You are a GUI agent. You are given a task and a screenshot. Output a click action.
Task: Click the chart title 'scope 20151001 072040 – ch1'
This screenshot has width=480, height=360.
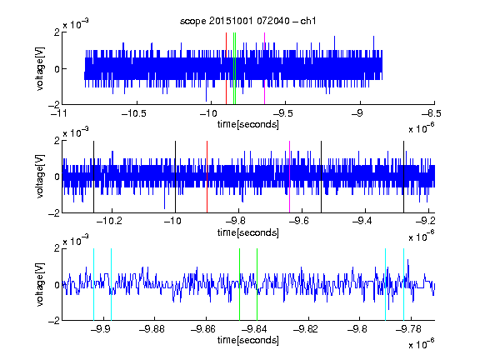(x=248, y=21)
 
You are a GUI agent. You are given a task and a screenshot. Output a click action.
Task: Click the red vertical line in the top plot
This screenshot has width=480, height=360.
(x=226, y=68)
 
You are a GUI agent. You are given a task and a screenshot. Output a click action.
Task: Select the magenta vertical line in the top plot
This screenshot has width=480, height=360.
(x=264, y=68)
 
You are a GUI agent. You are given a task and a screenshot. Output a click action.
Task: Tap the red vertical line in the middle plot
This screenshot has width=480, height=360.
(x=207, y=177)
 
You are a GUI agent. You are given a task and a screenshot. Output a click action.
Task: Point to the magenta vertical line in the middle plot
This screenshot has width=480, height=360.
(x=290, y=177)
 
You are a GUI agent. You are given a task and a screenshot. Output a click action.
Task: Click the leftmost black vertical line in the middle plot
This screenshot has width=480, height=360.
(x=94, y=177)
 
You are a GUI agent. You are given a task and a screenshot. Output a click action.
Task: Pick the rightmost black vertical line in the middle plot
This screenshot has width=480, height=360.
(x=404, y=177)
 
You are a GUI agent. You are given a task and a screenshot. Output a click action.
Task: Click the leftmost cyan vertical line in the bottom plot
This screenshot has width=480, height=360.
(x=93, y=284)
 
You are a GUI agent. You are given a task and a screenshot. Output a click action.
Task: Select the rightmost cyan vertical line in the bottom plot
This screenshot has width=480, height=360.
(x=404, y=284)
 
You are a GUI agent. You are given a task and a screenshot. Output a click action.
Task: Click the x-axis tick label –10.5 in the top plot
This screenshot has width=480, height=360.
(x=134, y=113)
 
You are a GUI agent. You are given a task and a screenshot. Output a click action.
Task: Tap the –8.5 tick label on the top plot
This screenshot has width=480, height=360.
(x=431, y=113)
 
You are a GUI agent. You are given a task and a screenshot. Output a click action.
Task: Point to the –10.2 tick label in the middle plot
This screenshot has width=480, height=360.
(x=109, y=221)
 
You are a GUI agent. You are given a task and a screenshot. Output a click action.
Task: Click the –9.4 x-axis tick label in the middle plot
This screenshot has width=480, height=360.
(x=362, y=221)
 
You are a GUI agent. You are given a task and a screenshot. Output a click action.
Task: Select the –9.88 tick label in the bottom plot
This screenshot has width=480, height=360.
(x=152, y=329)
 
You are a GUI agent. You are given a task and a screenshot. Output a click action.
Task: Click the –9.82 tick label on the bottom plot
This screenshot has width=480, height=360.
(x=306, y=329)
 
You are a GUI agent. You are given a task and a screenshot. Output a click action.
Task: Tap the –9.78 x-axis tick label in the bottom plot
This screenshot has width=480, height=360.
(x=408, y=329)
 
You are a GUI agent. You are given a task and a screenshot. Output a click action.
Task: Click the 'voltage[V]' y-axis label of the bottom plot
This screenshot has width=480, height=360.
(x=40, y=284)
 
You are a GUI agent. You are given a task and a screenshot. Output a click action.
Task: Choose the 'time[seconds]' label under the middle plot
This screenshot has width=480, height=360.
(x=248, y=232)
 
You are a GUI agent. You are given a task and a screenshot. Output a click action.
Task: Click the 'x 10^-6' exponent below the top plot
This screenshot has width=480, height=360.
(x=421, y=128)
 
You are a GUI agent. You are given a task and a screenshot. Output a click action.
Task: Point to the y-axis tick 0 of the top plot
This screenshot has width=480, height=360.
(x=57, y=69)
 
